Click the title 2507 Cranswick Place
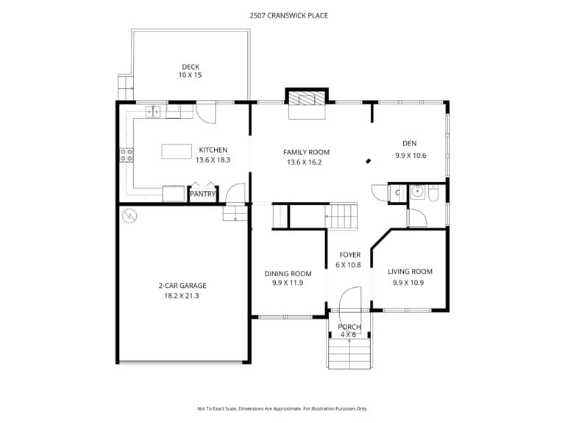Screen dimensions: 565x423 pos(288,15)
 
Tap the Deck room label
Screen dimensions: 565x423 pos(191,67)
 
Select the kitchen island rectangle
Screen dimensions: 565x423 pos(177,151)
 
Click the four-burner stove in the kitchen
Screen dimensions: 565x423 pos(126,155)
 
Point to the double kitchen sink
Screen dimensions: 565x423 pos(153,112)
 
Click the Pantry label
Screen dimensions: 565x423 pos(202,194)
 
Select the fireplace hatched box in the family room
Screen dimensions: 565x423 pos(307,98)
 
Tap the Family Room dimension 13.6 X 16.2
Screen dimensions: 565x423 pos(304,162)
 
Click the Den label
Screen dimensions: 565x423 pos(410,143)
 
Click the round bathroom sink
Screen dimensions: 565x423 pos(417,192)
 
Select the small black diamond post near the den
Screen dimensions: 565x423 pos(369,161)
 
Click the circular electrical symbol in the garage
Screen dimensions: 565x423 pos(129,216)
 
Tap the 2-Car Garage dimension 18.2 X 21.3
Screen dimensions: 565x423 pos(182,296)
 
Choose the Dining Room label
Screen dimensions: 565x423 pos(288,274)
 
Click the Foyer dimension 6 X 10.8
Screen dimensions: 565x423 pos(348,265)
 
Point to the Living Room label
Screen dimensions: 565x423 pos(410,272)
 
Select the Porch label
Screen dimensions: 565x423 pos(349,327)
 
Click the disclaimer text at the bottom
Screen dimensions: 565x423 pos(282,408)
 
